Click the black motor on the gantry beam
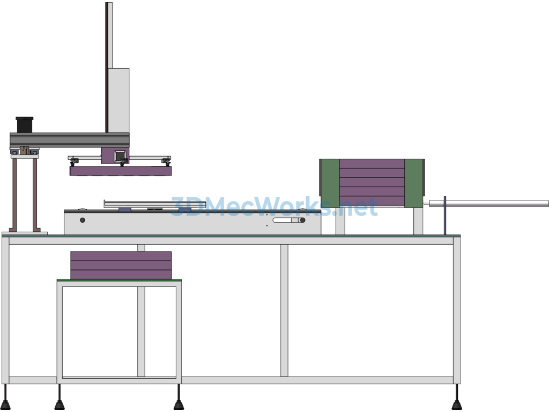pos(25,124)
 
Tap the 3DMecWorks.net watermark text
pos(274,207)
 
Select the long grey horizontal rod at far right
pos(488,203)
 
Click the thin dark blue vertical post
pos(445,216)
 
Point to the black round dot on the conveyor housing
pos(82,220)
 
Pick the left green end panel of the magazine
pos(330,183)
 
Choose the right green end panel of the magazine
pos(414,183)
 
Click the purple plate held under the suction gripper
pos(121,171)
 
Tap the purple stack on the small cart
pos(121,265)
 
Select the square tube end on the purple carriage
pos(120,156)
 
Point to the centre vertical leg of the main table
pos(284,311)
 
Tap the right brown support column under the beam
pos(35,195)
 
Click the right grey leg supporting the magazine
pos(418,221)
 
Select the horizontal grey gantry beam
pos(69,140)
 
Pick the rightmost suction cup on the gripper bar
pos(166,161)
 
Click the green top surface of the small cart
pos(119,280)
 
